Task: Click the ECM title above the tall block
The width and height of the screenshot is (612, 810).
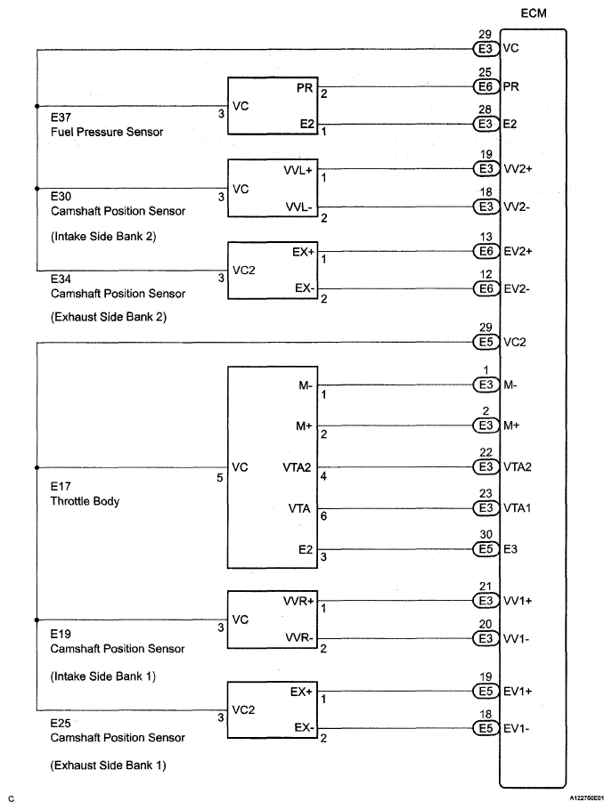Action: tap(533, 12)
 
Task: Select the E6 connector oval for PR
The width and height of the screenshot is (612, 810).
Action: tap(486, 87)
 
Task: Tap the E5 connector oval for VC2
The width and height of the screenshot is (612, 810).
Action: tap(486, 341)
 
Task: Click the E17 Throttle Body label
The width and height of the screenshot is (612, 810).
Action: tap(86, 494)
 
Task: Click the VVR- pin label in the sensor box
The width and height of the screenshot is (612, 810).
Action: tap(298, 639)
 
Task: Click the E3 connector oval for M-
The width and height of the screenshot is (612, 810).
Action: tap(486, 385)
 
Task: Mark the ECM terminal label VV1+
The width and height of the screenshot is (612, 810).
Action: tap(519, 601)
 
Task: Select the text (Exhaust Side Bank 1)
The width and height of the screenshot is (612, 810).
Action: tap(108, 765)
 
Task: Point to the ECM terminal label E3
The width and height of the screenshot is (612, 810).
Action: tap(512, 549)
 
